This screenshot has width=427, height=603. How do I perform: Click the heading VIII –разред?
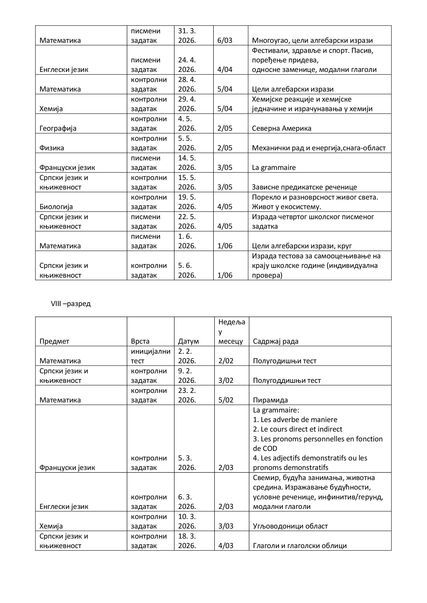(x=71, y=304)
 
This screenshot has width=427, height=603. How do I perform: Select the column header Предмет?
(x=54, y=341)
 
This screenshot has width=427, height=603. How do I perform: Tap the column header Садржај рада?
(x=275, y=341)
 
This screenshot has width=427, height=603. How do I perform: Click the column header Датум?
(x=188, y=341)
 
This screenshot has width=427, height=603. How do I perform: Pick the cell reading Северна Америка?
(x=281, y=128)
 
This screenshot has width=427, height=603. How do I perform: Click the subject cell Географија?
(x=58, y=128)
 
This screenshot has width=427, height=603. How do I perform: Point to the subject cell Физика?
(x=52, y=148)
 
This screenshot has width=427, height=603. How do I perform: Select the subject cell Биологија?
(x=56, y=207)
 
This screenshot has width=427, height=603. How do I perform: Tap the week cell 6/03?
(x=225, y=40)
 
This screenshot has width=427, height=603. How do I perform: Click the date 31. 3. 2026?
(x=187, y=36)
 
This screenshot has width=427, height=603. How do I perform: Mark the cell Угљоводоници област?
(x=290, y=526)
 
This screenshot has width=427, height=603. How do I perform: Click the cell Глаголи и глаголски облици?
(x=300, y=546)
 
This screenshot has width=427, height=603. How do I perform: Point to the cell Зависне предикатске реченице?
(x=304, y=187)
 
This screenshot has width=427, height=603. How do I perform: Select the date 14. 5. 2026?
(x=187, y=163)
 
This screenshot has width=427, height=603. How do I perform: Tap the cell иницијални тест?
(x=151, y=356)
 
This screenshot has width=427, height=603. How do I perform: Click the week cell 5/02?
(x=226, y=400)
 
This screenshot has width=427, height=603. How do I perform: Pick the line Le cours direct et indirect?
(x=297, y=429)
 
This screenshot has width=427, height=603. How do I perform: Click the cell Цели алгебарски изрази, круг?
(x=302, y=246)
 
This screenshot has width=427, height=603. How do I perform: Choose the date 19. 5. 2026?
(x=187, y=202)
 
